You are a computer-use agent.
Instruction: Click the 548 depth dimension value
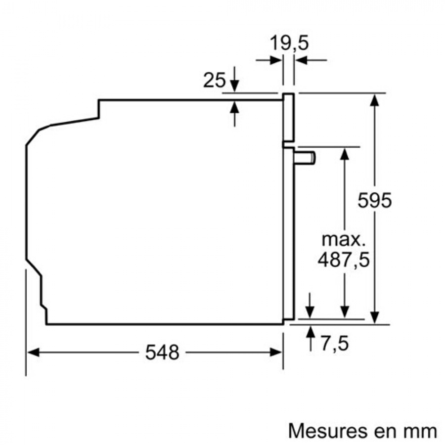[162, 353]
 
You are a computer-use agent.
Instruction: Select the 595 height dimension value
[374, 201]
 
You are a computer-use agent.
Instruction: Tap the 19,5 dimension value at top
[289, 44]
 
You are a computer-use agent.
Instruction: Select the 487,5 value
[343, 260]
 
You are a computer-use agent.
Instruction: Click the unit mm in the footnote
[421, 431]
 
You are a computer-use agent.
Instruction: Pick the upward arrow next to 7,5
[310, 332]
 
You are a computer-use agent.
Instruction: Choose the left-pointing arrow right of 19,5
[301, 60]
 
